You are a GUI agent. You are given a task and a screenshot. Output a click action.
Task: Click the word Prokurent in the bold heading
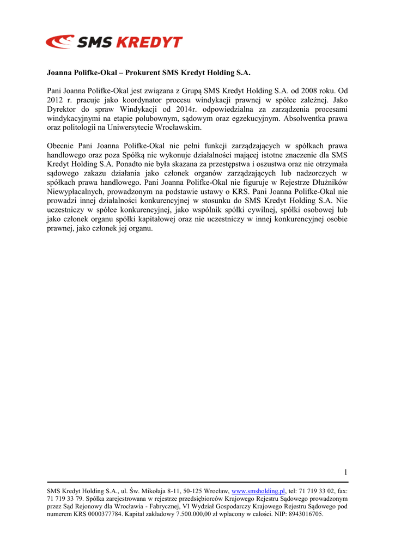click(x=142, y=72)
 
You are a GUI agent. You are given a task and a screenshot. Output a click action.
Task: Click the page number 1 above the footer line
click(x=345, y=472)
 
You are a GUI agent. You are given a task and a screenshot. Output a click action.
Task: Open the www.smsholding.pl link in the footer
click(x=258, y=491)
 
